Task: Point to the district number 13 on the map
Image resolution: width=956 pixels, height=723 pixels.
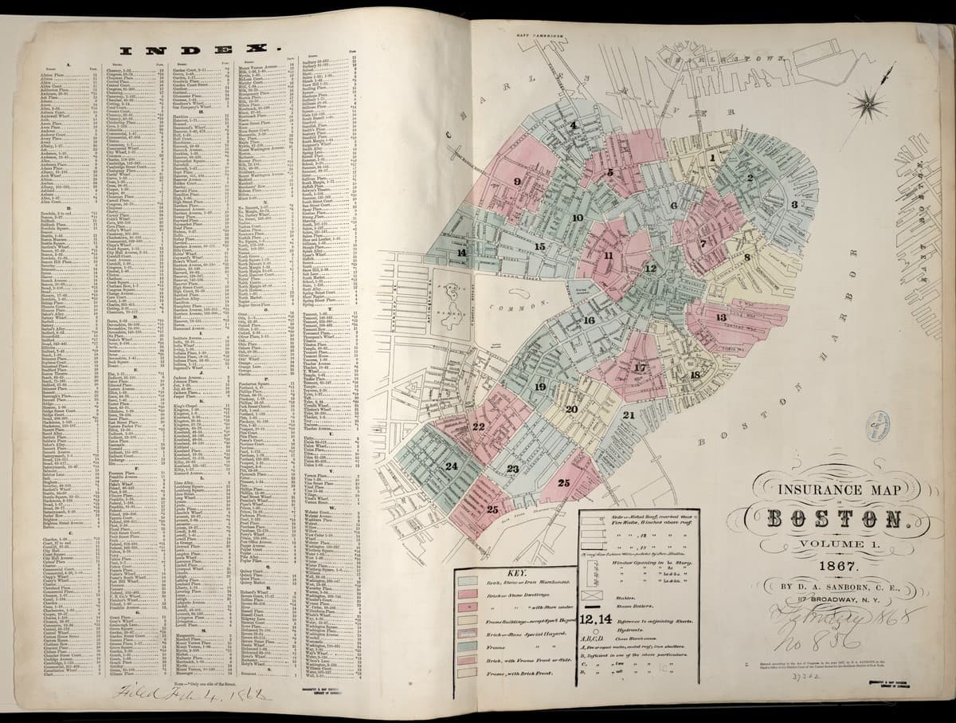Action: tap(720, 317)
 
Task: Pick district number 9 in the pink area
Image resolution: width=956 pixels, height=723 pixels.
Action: tap(517, 182)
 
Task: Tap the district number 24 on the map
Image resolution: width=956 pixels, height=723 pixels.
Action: tap(452, 466)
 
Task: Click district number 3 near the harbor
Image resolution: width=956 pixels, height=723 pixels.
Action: tap(793, 205)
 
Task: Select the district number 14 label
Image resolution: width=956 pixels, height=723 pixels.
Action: tap(460, 253)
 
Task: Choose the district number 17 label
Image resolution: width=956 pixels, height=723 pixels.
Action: tap(640, 367)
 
